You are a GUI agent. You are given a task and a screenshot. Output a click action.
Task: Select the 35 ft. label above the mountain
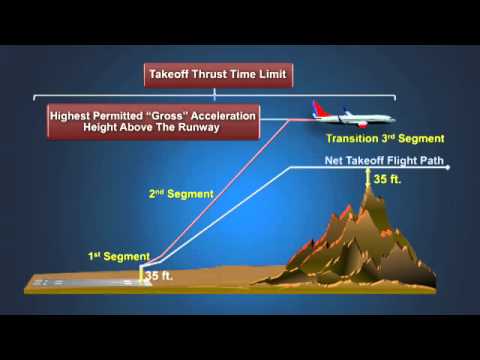[387, 180]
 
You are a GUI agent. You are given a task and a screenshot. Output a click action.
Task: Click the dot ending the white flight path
[452, 167]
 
